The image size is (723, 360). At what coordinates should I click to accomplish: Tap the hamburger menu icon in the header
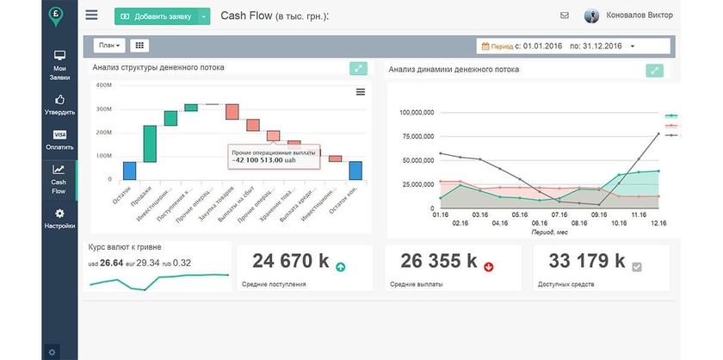[x=92, y=16]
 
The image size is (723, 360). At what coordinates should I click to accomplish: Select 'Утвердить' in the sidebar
[x=59, y=104]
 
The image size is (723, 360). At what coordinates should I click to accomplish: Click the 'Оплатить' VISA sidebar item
[x=59, y=140]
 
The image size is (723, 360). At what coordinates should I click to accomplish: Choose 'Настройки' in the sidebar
[x=59, y=218]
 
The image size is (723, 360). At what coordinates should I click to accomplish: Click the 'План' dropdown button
[x=110, y=45]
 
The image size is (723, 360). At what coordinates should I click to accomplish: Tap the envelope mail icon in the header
[x=565, y=16]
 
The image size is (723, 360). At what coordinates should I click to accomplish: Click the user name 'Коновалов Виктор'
[x=635, y=16]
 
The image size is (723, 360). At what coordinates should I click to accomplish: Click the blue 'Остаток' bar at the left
[x=130, y=171]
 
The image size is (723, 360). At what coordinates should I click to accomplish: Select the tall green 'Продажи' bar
[x=150, y=144]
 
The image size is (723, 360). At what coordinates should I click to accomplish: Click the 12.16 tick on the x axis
[x=658, y=222]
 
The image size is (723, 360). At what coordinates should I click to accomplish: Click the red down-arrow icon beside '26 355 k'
[x=489, y=267]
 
